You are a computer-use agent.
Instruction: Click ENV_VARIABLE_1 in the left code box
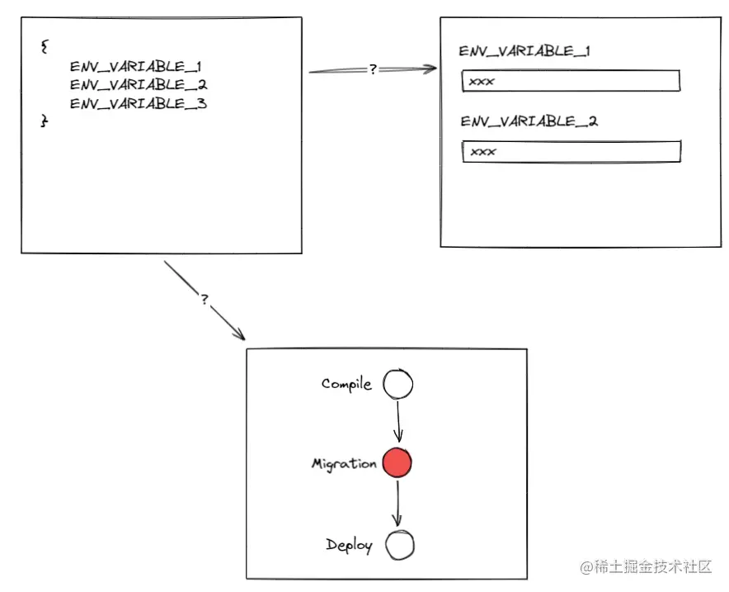tap(136, 65)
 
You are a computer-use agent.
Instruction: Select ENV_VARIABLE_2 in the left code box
tap(139, 84)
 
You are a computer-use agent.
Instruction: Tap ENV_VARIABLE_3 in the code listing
tap(139, 104)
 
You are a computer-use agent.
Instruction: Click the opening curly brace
tap(44, 46)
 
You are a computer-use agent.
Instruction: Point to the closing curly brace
tap(45, 121)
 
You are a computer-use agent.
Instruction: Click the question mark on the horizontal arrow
tap(373, 70)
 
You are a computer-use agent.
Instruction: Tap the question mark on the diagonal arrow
tap(205, 300)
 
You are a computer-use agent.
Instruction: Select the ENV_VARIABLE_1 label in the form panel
tap(524, 51)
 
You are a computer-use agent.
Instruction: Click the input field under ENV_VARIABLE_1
tap(571, 81)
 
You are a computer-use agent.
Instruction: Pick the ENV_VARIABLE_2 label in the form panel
tap(529, 121)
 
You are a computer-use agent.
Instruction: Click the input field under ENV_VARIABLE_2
tap(571, 152)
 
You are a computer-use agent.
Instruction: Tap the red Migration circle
tap(397, 463)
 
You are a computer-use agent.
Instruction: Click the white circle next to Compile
tap(398, 384)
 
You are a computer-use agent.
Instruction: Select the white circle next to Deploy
tap(399, 545)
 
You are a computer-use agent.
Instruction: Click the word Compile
tap(346, 384)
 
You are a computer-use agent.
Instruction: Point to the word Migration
tap(344, 464)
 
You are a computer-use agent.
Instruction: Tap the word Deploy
tap(349, 545)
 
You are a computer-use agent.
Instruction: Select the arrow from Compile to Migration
tap(398, 421)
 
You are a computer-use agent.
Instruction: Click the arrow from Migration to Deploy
tap(397, 503)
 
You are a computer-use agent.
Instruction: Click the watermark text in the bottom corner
tap(645, 567)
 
